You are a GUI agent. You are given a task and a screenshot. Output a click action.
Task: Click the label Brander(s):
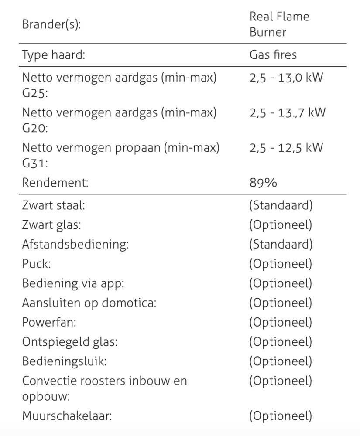pyautogui.click(x=51, y=24)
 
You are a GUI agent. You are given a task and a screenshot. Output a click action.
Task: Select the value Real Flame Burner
pyautogui.click(x=279, y=24)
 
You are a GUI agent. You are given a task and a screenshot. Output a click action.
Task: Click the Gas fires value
pyautogui.click(x=273, y=55)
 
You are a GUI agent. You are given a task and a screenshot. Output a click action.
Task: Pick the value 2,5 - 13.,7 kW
pyautogui.click(x=288, y=112)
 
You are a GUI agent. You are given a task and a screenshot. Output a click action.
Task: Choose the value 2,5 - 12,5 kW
pyautogui.click(x=286, y=147)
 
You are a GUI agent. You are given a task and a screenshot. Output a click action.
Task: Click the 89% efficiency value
pyautogui.click(x=263, y=182)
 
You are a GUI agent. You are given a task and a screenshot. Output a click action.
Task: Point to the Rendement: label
pyautogui.click(x=55, y=182)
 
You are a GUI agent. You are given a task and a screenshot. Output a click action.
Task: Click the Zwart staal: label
pyautogui.click(x=54, y=205)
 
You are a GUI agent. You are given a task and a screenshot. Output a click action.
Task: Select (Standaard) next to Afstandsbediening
pyautogui.click(x=281, y=244)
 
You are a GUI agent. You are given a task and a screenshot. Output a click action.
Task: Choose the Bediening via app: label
pyautogui.click(x=73, y=283)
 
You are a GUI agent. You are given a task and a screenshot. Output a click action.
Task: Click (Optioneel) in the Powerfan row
pyautogui.click(x=281, y=322)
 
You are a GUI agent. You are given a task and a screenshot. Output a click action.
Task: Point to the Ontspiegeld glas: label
pyautogui.click(x=70, y=342)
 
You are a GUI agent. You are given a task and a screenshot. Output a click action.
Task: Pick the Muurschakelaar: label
pyautogui.click(x=67, y=416)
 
